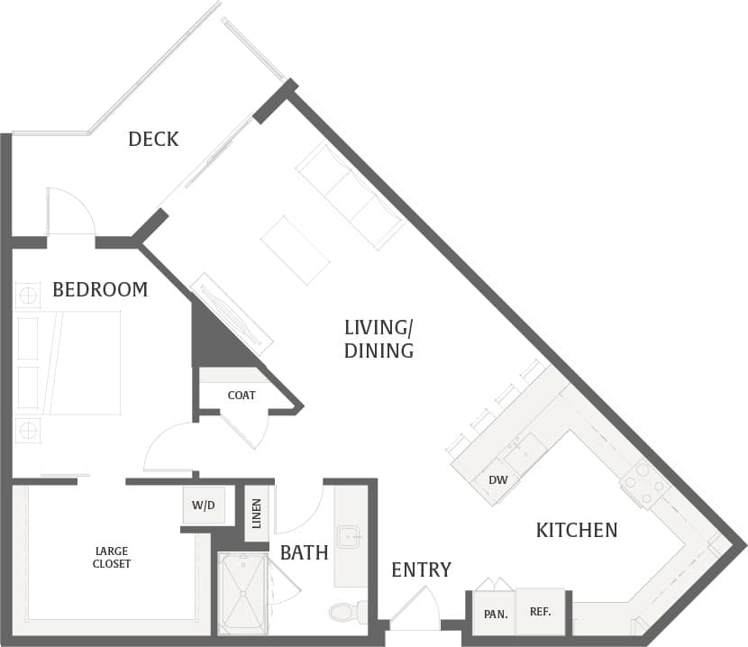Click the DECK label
click(x=153, y=139)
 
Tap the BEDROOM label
click(x=100, y=289)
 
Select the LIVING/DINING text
click(x=379, y=339)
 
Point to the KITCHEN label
click(x=577, y=530)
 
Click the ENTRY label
click(x=421, y=570)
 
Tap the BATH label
click(x=304, y=552)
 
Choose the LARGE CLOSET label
click(x=113, y=557)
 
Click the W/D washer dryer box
click(x=204, y=506)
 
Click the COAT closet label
click(x=242, y=395)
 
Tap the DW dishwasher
click(x=497, y=479)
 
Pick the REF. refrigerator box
click(x=540, y=612)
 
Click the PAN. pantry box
click(x=494, y=614)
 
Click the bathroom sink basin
click(x=349, y=537)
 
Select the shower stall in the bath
click(x=243, y=593)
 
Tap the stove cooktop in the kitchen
click(x=645, y=485)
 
